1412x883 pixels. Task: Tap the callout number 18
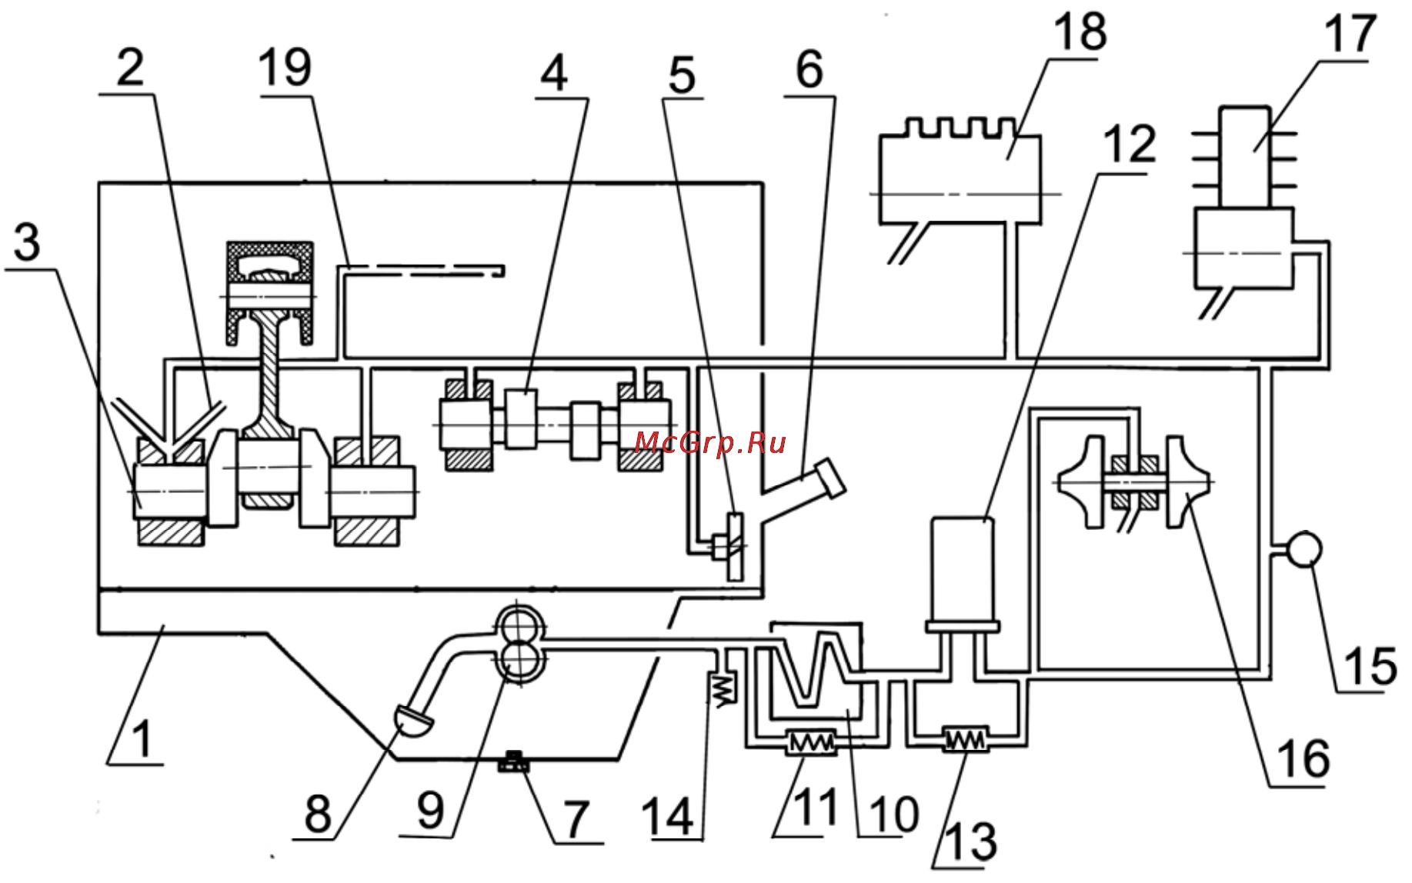1080,32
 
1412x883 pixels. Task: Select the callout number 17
1350,34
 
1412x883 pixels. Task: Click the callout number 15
1370,665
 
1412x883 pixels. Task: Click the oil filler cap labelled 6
823,481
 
